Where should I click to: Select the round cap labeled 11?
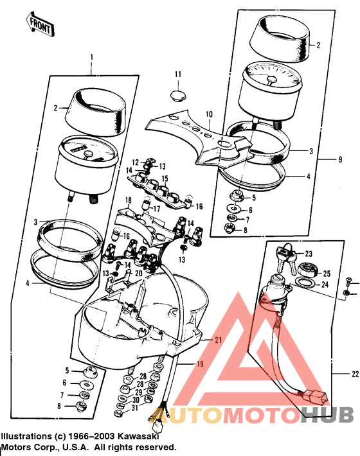180,97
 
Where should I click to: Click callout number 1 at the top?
92,57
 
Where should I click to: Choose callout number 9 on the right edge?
340,158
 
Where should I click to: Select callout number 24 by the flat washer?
325,285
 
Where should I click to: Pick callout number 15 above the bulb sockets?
165,179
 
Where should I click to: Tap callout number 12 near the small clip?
136,161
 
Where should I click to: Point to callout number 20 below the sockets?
138,272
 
